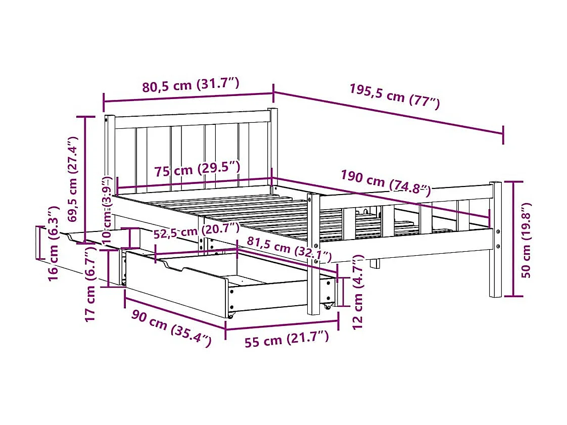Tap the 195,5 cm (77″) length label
pyautogui.click(x=394, y=96)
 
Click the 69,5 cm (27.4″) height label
pyautogui.click(x=73, y=179)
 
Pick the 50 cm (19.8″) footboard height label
pyautogui.click(x=527, y=240)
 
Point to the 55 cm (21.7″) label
pyautogui.click(x=287, y=339)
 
